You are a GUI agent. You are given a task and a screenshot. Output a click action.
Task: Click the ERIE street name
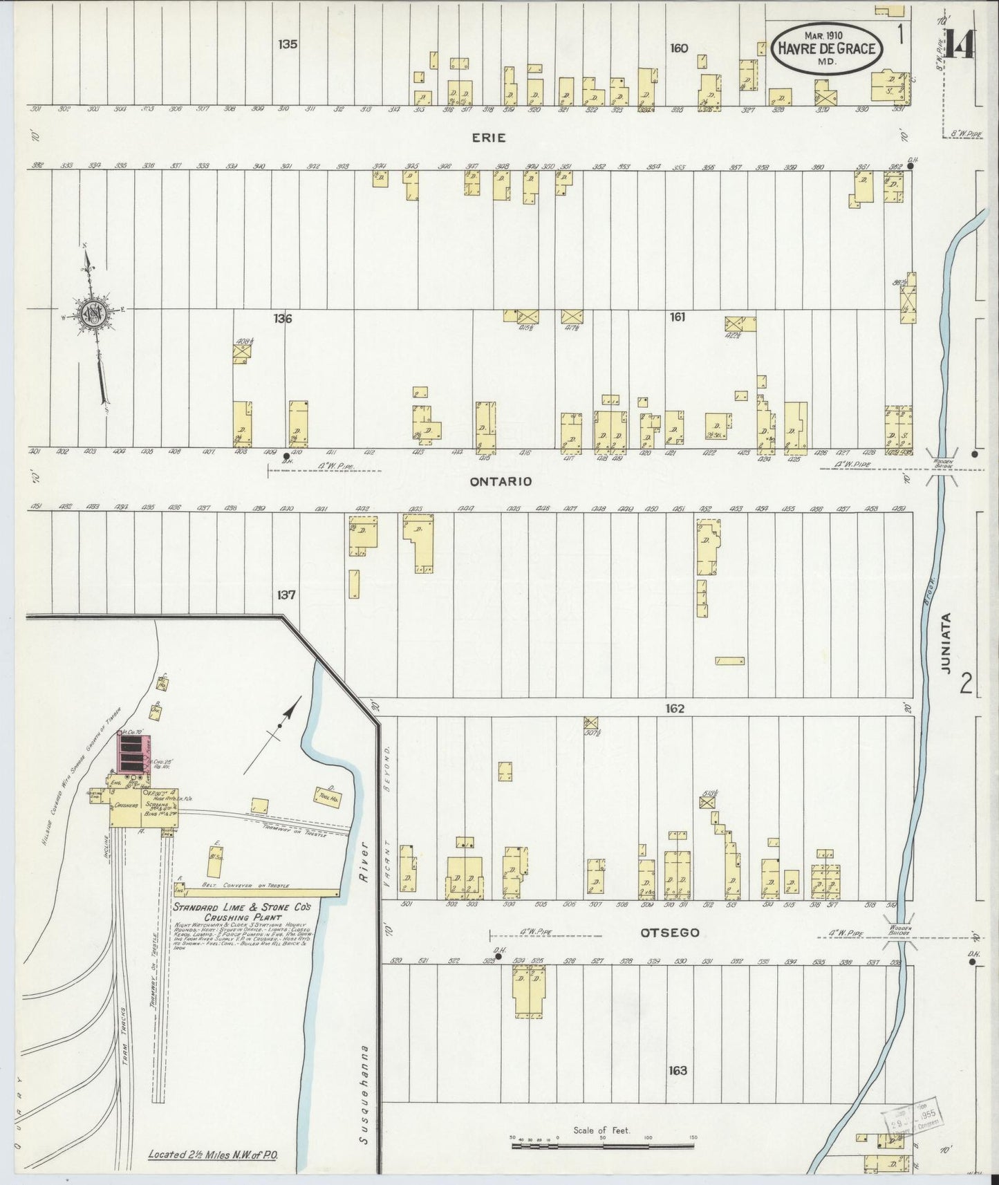(489, 138)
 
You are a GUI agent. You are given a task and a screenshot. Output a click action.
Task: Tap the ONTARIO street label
(501, 481)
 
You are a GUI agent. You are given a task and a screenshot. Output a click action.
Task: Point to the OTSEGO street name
(669, 933)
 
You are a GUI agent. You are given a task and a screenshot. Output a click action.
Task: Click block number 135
(288, 44)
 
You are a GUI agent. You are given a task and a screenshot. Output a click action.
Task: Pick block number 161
(678, 317)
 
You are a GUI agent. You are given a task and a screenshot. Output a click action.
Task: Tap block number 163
(678, 1070)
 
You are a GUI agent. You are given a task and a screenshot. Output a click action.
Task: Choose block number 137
(286, 595)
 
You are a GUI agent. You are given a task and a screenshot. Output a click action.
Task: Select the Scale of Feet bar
(601, 1146)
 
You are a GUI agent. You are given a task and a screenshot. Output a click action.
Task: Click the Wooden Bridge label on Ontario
(943, 466)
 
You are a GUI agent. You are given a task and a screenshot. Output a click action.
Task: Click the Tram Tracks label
(126, 1030)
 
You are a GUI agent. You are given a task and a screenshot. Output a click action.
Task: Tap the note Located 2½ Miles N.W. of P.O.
(212, 1155)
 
